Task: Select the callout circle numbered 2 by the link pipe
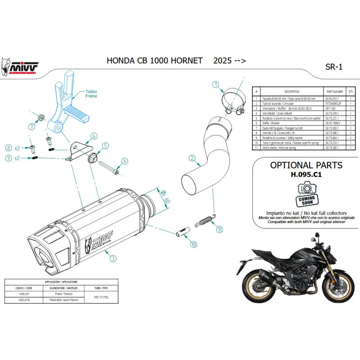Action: (x=192, y=158)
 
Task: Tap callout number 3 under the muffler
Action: (x=113, y=258)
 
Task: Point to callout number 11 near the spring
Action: (x=219, y=229)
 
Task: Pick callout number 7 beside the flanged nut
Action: (x=32, y=126)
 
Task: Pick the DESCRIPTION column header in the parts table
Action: (x=292, y=91)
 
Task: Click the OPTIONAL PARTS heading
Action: (x=306, y=165)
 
